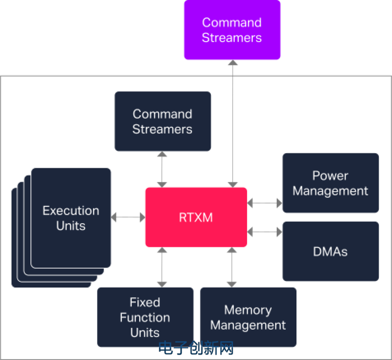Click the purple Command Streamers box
point(232,30)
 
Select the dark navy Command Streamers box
point(163,121)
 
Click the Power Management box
point(331,183)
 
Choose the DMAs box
point(331,252)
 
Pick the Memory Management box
point(248,317)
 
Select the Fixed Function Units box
point(145,317)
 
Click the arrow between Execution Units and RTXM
point(128,217)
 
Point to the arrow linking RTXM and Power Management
point(265,203)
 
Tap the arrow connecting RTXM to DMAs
point(265,232)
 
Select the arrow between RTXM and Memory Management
point(232,267)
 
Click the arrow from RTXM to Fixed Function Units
point(162,267)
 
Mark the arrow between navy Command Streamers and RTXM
point(162,169)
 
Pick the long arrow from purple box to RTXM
point(233,124)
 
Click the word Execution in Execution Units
point(71,211)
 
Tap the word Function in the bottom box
point(145,318)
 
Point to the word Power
point(330,176)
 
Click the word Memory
point(248,310)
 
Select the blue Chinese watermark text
point(196,348)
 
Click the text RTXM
point(196,217)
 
